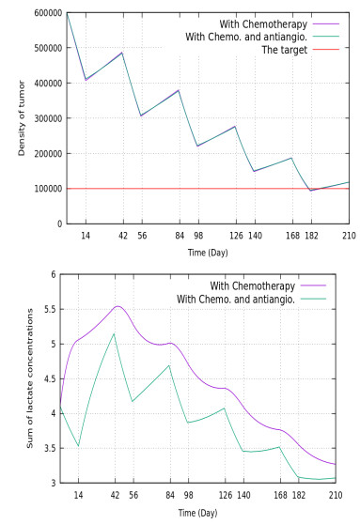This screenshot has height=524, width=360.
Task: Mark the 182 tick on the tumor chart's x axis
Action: (312, 237)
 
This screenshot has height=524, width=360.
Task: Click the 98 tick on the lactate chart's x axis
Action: (189, 496)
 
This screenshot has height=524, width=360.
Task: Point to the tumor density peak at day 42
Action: (122, 53)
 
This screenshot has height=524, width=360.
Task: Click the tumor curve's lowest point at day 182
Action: (312, 191)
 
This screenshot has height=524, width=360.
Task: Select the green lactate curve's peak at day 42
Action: (115, 333)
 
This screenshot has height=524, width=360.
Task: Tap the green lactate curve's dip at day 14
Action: (78, 446)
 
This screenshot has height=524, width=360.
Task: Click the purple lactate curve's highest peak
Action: (117, 306)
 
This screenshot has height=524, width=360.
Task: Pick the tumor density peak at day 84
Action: (179, 90)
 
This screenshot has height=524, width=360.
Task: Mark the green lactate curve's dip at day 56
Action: (133, 402)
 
